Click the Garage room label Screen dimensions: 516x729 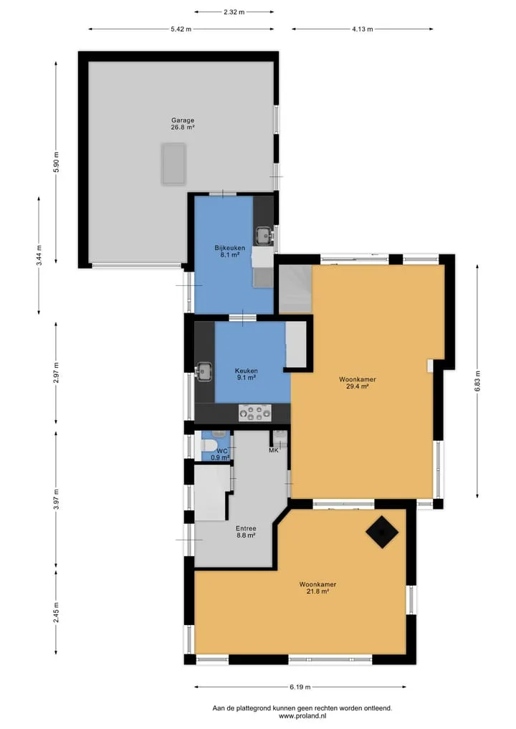point(183,120)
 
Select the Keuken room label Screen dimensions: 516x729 point(247,371)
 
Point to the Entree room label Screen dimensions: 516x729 point(246,528)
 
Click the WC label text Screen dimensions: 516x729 point(222,451)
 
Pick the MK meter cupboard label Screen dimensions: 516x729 point(274,450)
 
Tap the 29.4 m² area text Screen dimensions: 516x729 point(358,386)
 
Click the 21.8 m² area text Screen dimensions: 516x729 point(317,591)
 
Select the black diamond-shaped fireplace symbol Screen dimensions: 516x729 point(382,532)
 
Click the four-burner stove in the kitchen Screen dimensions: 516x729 point(254,413)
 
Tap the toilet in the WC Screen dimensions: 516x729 point(209,445)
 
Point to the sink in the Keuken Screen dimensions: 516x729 point(203,371)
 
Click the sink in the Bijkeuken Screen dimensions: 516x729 point(264,236)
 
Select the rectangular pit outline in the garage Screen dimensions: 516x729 point(174,164)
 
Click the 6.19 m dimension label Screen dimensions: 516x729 point(300,687)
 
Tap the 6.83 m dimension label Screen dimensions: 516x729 point(477,381)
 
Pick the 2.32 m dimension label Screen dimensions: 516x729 point(234,12)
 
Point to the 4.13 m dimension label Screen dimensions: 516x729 point(362,29)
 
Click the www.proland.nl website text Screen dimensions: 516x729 point(302,716)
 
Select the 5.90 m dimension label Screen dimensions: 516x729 point(56,162)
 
